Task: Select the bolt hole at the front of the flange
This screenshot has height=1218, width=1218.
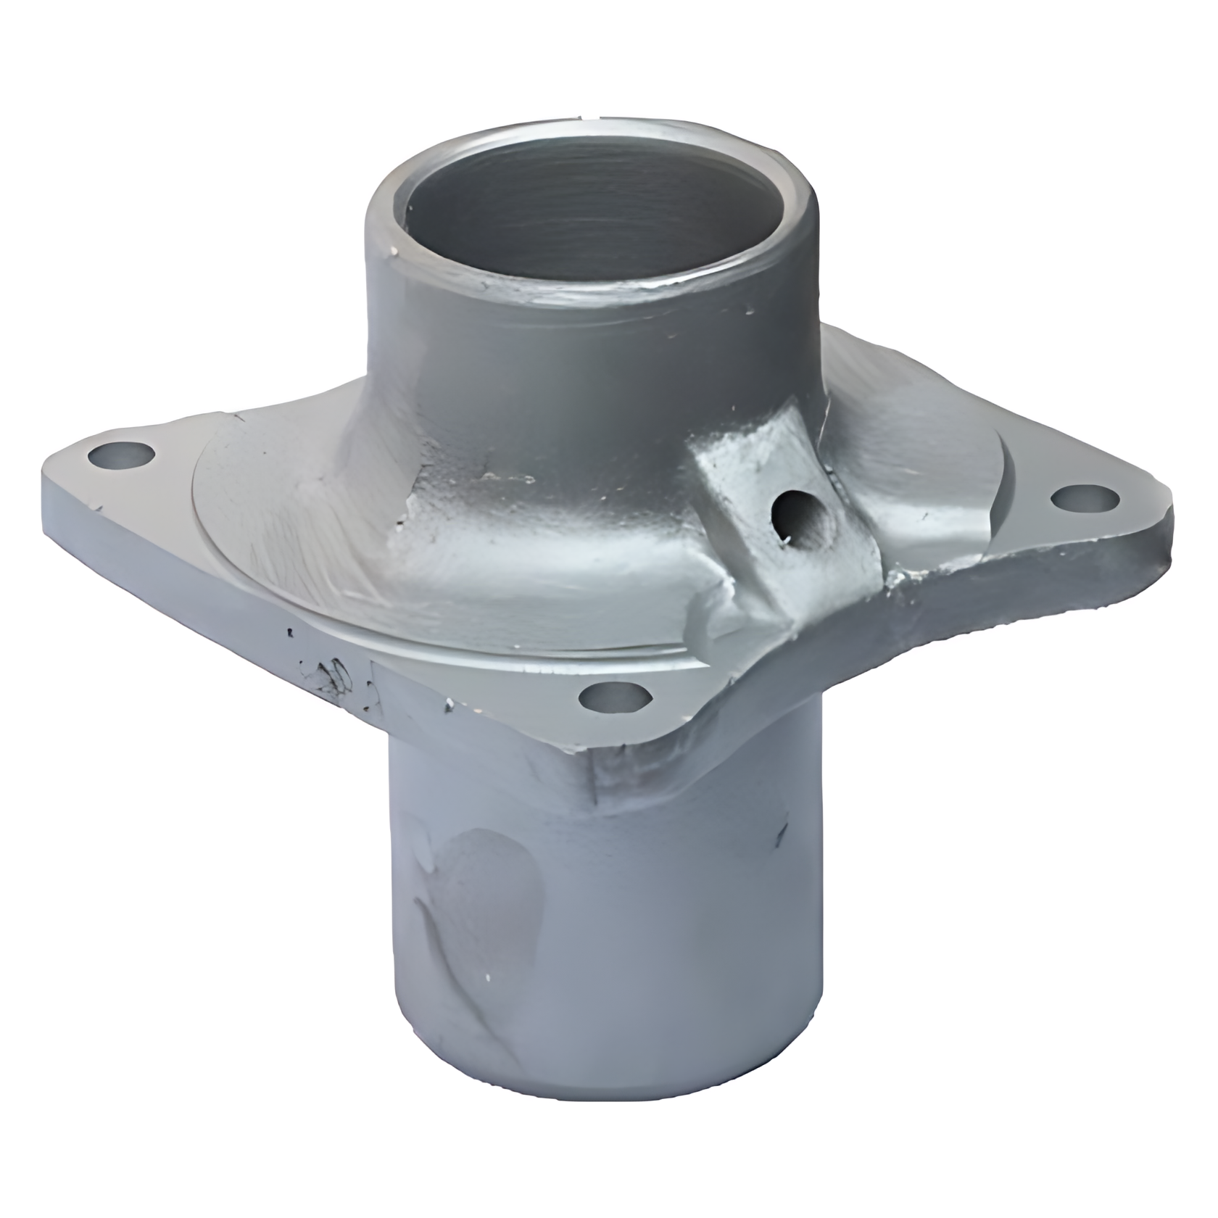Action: (614, 697)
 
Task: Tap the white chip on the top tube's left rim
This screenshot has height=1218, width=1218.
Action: (395, 252)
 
